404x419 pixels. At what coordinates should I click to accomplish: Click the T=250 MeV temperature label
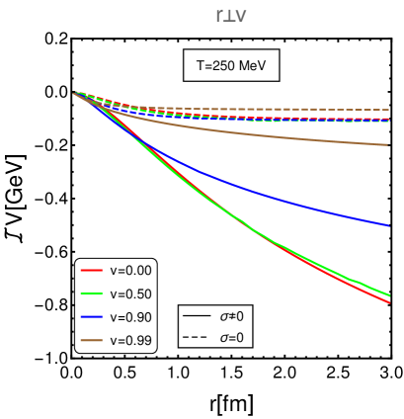pos(231,66)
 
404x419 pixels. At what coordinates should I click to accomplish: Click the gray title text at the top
pos(231,15)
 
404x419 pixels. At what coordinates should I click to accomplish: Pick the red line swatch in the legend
pos(92,270)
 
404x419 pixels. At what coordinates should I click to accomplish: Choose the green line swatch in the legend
pos(92,293)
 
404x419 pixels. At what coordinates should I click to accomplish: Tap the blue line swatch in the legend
pos(92,317)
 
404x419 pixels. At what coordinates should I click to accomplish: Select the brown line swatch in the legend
pos(92,341)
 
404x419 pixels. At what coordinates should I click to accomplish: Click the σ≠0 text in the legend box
pos(231,316)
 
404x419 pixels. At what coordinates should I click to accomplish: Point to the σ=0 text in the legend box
pos(231,338)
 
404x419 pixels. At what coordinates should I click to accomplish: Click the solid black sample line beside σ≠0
pos(198,316)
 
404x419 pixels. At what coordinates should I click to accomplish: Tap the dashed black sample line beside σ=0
pos(198,338)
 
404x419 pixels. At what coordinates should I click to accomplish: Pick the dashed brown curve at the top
pos(296,109)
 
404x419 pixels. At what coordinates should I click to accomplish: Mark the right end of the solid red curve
pos(389,302)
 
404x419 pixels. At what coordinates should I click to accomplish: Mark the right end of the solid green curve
pos(389,294)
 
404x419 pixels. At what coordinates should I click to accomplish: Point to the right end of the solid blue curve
pos(389,225)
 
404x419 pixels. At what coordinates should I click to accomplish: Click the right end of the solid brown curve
pos(388,145)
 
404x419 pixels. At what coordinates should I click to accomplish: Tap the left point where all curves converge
pos(75,93)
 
